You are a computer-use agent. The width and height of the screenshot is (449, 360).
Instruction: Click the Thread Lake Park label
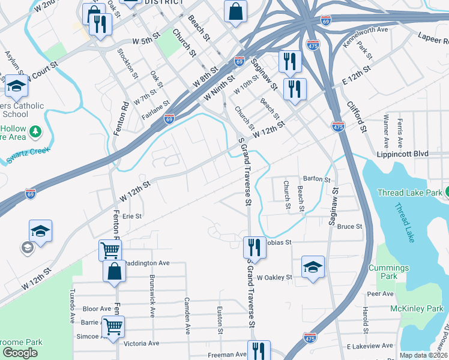click(409, 193)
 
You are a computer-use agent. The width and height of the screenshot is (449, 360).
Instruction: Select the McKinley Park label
click(420, 308)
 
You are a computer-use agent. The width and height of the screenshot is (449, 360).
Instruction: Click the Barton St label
click(317, 179)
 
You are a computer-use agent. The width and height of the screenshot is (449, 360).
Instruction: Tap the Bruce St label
click(350, 226)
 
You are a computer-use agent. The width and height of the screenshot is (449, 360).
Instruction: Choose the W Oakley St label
click(274, 278)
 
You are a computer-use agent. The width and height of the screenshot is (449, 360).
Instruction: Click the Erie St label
click(131, 216)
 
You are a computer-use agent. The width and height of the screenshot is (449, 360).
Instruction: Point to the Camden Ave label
click(187, 316)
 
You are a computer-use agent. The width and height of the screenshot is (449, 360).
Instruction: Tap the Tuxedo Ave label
click(72, 305)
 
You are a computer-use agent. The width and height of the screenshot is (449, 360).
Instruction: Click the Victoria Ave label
click(141, 344)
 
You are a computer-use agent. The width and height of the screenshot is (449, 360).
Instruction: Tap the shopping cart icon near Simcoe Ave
click(113, 326)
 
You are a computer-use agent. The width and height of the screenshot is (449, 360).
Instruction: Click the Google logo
click(20, 353)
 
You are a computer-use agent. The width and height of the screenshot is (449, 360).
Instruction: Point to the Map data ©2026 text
click(423, 355)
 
